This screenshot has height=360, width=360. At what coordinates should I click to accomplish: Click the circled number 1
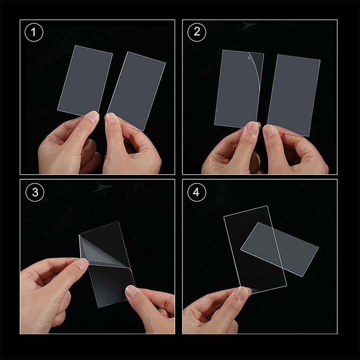point(34,32)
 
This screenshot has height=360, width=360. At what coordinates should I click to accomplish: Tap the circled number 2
point(197,32)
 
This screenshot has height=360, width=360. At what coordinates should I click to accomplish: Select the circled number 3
point(35,193)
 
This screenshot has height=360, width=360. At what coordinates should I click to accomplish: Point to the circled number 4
point(197,193)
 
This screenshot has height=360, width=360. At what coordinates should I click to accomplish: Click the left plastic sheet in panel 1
point(85,81)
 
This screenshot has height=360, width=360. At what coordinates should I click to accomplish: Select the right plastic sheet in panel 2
point(294,95)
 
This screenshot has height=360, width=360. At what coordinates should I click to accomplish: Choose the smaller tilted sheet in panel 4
point(279,249)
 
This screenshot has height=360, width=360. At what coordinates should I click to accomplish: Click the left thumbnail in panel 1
point(93,117)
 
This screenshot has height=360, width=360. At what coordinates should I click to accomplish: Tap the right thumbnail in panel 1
point(111,118)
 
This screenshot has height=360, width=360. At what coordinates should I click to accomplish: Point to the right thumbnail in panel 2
point(269,130)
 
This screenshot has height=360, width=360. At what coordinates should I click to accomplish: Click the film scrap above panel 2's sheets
point(246,26)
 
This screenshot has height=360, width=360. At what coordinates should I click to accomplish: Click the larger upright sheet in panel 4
point(255,250)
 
